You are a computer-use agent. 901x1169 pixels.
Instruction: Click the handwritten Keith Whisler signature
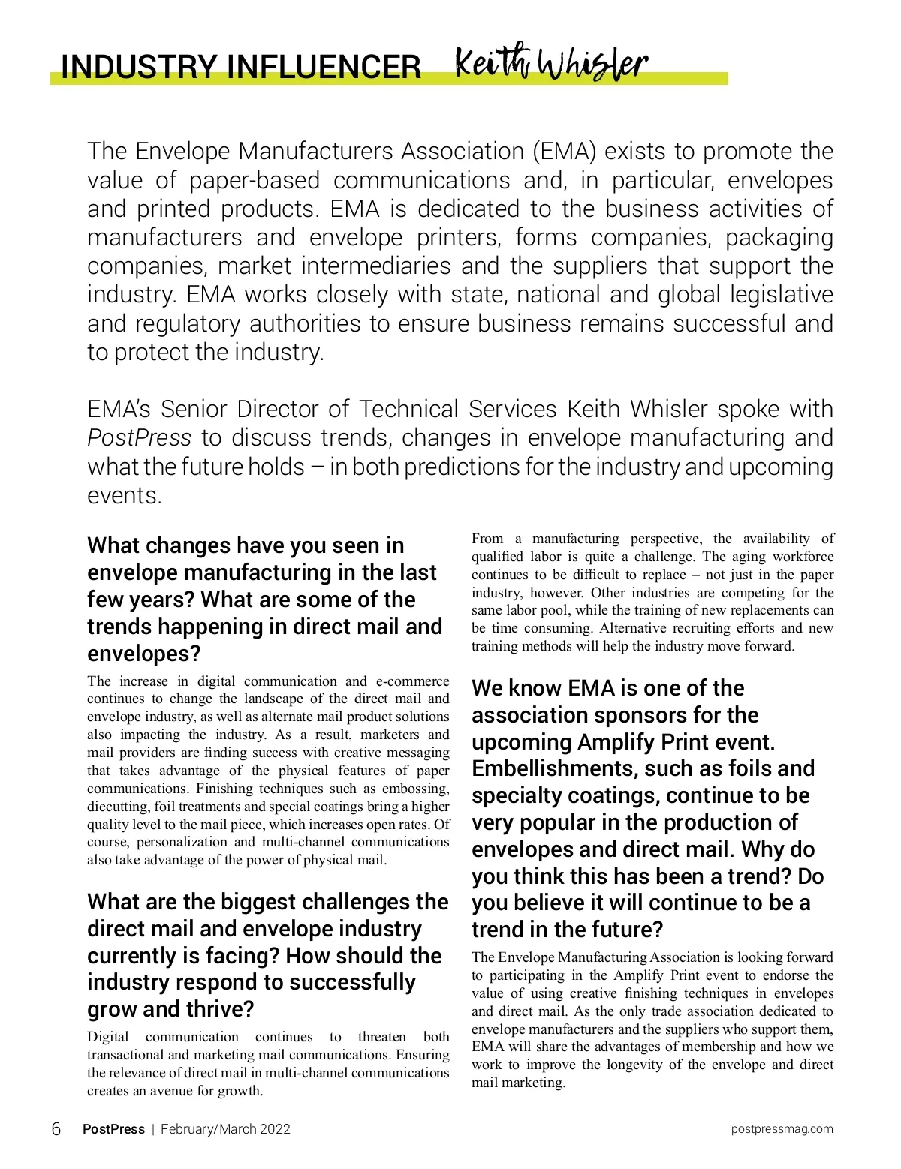551,65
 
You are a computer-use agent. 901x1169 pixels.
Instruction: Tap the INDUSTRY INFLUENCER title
240,67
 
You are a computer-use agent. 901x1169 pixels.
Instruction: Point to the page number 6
56,1129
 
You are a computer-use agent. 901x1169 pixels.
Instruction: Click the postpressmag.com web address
782,1129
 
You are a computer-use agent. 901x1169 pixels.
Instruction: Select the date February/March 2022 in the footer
225,1129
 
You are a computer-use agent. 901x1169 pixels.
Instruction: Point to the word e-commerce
412,681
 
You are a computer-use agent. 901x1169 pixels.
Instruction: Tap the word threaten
381,1037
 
